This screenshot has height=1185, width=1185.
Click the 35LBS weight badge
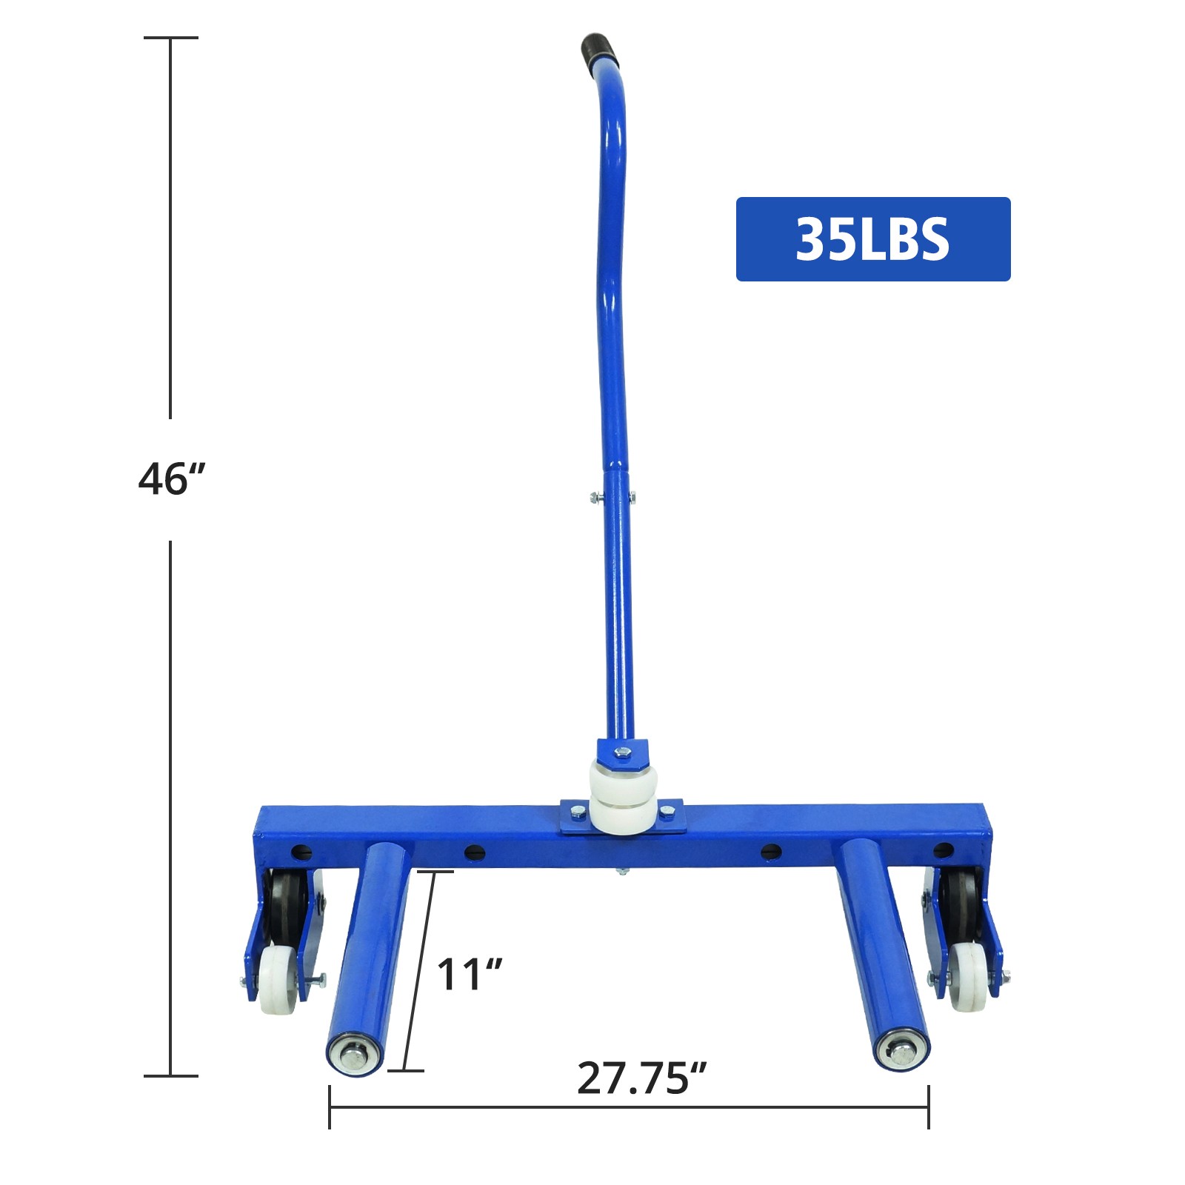pyautogui.click(x=872, y=239)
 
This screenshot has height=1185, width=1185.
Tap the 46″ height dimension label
pyautogui.click(x=171, y=478)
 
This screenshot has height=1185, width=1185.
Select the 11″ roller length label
pyautogui.click(x=470, y=974)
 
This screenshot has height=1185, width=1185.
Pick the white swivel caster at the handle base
pyautogui.click(x=623, y=798)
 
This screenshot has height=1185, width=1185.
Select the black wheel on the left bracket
pyautogui.click(x=285, y=905)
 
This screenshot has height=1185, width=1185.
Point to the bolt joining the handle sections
pyautogui.click(x=612, y=498)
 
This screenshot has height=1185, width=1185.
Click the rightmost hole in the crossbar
pyautogui.click(x=943, y=850)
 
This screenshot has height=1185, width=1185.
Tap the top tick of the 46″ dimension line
pyautogui.click(x=171, y=38)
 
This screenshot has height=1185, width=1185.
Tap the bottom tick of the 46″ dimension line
pyautogui.click(x=171, y=1075)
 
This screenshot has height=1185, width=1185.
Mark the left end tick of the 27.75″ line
pyautogui.click(x=330, y=1108)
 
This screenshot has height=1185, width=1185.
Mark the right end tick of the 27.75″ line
pyautogui.click(x=928, y=1108)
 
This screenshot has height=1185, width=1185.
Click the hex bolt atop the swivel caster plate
pyautogui.click(x=623, y=752)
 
